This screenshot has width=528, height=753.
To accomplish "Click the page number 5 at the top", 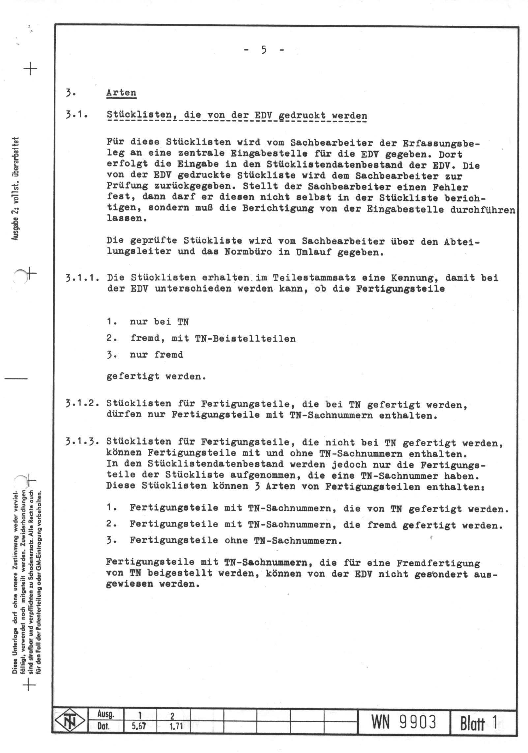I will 264,50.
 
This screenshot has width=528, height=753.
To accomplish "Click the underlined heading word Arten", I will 121,93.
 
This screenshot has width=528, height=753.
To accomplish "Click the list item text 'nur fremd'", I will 157,355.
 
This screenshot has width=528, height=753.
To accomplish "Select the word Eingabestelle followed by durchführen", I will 405,209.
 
